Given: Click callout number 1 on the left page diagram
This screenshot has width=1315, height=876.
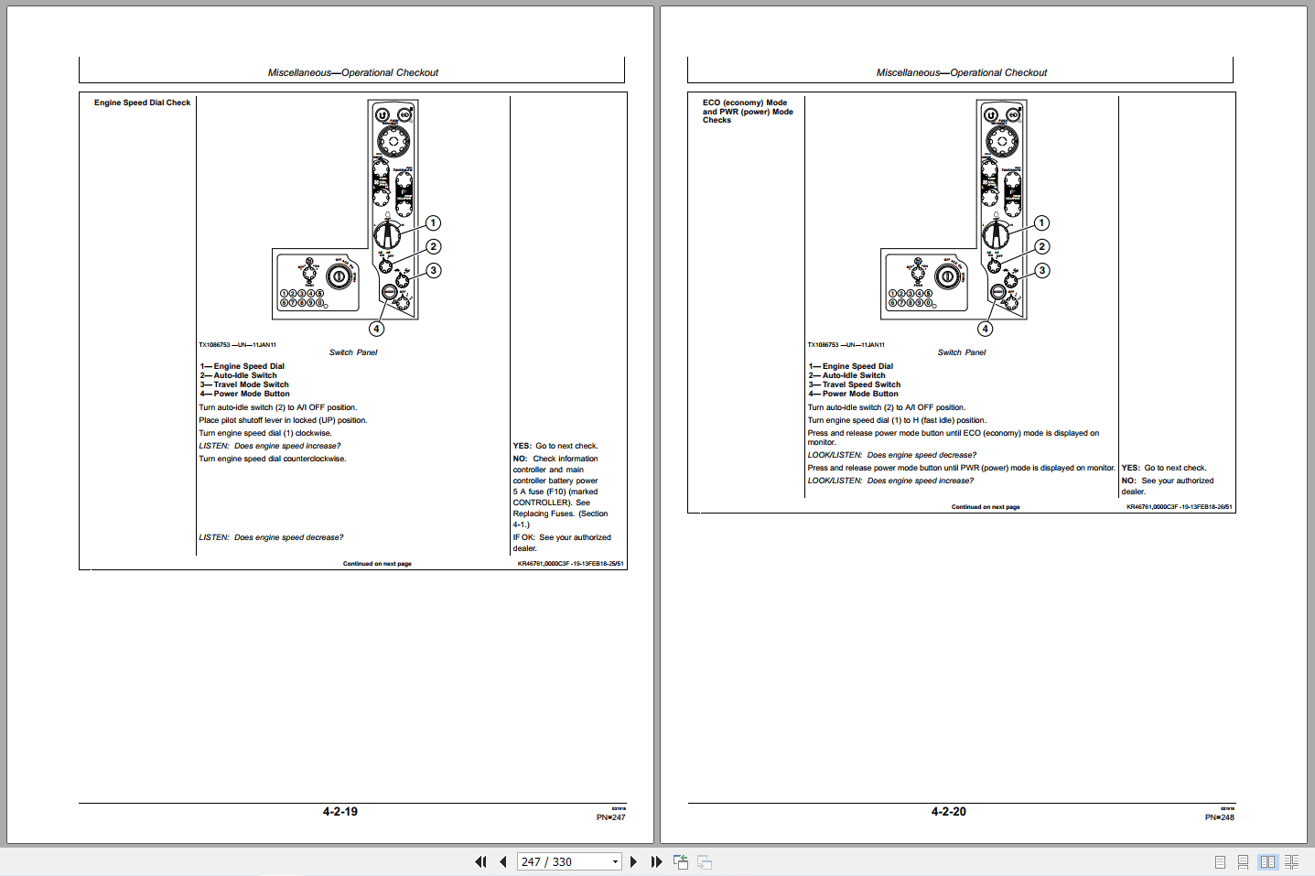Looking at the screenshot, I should [434, 223].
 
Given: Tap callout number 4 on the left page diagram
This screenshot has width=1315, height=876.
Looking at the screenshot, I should [377, 329].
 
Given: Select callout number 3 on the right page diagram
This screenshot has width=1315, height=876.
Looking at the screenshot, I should [1042, 271].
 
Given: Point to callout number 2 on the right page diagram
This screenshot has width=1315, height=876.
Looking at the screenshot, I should [1042, 246].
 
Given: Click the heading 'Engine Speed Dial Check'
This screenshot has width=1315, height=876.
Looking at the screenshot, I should [142, 103].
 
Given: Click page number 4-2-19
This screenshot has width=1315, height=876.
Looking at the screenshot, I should [340, 812].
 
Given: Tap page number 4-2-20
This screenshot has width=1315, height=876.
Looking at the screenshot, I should [948, 812].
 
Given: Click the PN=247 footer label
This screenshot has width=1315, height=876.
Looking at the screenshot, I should [610, 817].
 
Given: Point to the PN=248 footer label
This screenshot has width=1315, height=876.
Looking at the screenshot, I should [1219, 817].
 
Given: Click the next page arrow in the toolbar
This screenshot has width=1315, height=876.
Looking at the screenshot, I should [633, 861].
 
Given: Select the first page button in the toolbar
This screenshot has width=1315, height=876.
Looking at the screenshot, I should [480, 861].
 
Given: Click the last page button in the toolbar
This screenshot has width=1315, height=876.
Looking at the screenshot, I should [656, 861].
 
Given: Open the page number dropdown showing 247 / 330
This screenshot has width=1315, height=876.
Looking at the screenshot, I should [615, 861].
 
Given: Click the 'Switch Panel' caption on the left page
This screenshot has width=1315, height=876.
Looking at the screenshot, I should [353, 352].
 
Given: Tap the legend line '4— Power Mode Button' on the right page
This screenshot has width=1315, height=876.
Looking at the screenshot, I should [853, 394].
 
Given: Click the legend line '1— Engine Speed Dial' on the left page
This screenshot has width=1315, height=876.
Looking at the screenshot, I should [243, 366].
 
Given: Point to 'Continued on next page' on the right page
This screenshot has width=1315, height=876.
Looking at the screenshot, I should [985, 506].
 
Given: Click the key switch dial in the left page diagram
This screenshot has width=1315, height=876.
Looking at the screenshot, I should [339, 276].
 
